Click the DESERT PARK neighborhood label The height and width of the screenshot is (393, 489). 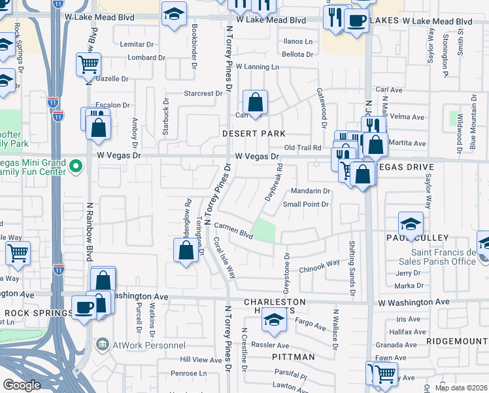(x=254, y=133)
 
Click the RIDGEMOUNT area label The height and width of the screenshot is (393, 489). (x=457, y=341)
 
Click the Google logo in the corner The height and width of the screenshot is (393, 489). (x=22, y=385)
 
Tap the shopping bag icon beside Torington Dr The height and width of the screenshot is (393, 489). (x=186, y=252)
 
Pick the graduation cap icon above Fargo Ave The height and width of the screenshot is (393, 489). (x=274, y=319)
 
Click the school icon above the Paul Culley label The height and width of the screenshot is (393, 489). (x=411, y=224)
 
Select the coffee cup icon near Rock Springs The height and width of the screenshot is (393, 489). (x=84, y=308)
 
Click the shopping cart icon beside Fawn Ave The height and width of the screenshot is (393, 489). (x=384, y=374)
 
